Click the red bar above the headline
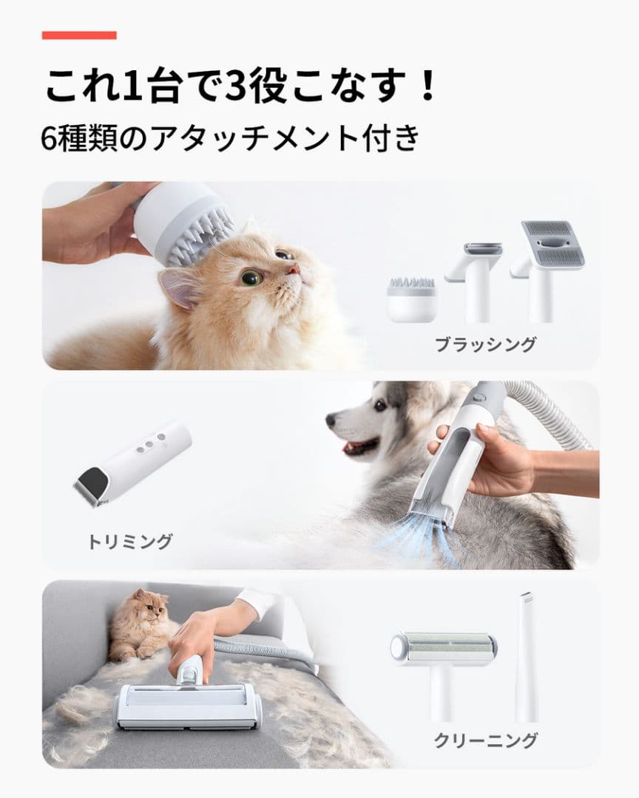coord(79,35)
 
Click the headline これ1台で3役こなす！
coord(241,87)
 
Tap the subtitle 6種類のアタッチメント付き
coord(231,138)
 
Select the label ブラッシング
coord(485,344)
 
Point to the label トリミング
coord(130,542)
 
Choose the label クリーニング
coord(485,740)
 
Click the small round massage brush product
coord(411,299)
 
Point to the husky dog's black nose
coord(330,420)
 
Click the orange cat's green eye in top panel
coord(251,278)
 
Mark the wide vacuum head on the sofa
coord(188,705)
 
